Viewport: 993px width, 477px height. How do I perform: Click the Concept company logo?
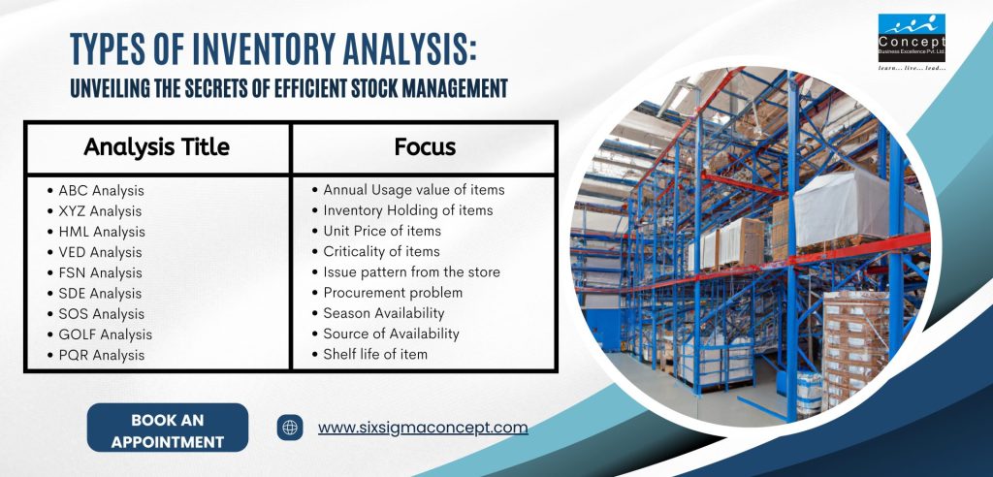click(x=912, y=38)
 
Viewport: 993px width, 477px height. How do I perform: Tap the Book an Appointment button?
click(x=167, y=428)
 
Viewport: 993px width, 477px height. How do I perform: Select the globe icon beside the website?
click(x=290, y=428)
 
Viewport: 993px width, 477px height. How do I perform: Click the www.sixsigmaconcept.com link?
click(x=423, y=428)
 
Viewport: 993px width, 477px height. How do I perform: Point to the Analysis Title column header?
click(x=156, y=147)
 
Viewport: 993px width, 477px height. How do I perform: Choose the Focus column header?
click(x=425, y=147)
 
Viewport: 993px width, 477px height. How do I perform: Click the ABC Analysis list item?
click(x=101, y=190)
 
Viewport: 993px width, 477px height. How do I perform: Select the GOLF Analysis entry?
click(x=105, y=334)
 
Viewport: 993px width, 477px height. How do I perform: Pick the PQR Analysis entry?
click(x=101, y=355)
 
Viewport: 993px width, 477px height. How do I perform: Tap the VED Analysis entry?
click(x=100, y=252)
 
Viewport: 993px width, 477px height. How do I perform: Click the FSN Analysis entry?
click(x=100, y=273)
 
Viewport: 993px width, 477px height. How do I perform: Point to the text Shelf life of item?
click(x=375, y=354)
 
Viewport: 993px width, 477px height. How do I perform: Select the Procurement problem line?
click(x=393, y=293)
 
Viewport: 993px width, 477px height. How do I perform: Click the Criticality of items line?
click(x=381, y=251)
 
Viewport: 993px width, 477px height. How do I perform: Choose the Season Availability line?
click(x=384, y=313)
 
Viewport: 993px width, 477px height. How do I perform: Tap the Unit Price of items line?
click(x=382, y=231)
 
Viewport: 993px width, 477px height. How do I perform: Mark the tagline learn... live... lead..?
click(x=912, y=68)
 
